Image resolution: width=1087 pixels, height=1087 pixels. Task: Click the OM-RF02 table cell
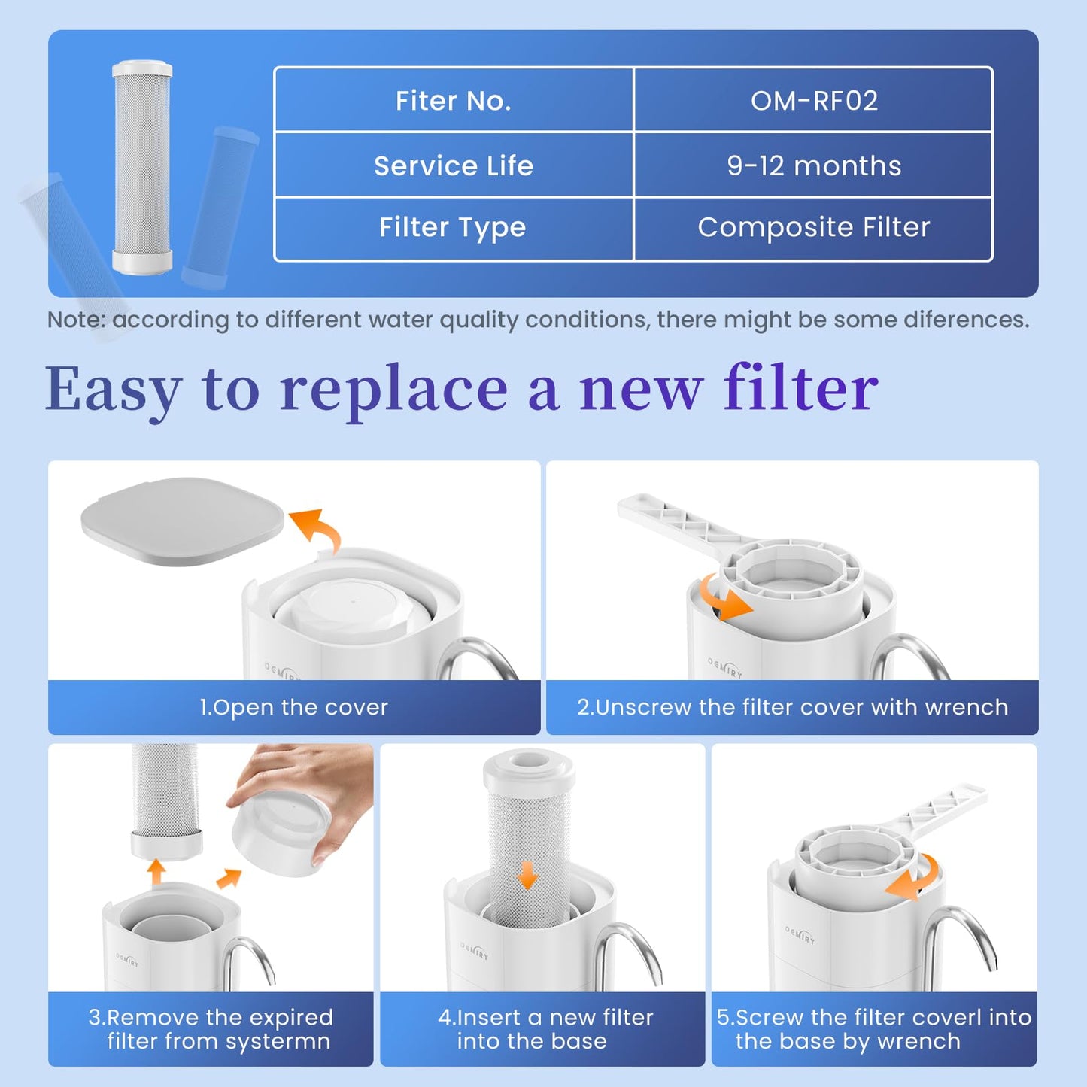(814, 101)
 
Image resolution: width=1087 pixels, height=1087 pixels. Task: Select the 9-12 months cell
(814, 166)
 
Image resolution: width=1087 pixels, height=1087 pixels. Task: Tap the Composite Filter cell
(814, 227)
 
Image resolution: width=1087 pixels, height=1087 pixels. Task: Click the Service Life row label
(454, 166)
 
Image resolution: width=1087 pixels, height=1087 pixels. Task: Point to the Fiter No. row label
(454, 101)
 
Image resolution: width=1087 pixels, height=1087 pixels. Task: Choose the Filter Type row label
(453, 227)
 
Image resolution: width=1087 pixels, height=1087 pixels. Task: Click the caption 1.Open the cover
(294, 707)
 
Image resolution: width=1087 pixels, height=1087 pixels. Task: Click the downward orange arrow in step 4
(528, 875)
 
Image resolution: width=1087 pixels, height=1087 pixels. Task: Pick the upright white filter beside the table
(142, 167)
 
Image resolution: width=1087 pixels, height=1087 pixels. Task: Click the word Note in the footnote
(75, 320)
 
